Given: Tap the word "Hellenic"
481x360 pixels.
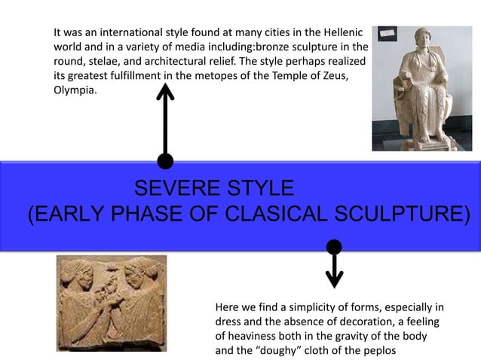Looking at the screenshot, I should point(342,33).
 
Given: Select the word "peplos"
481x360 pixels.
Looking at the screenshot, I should point(377,351).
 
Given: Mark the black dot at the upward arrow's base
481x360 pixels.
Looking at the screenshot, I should point(165,160).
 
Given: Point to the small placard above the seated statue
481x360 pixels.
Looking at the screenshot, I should point(387,34).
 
